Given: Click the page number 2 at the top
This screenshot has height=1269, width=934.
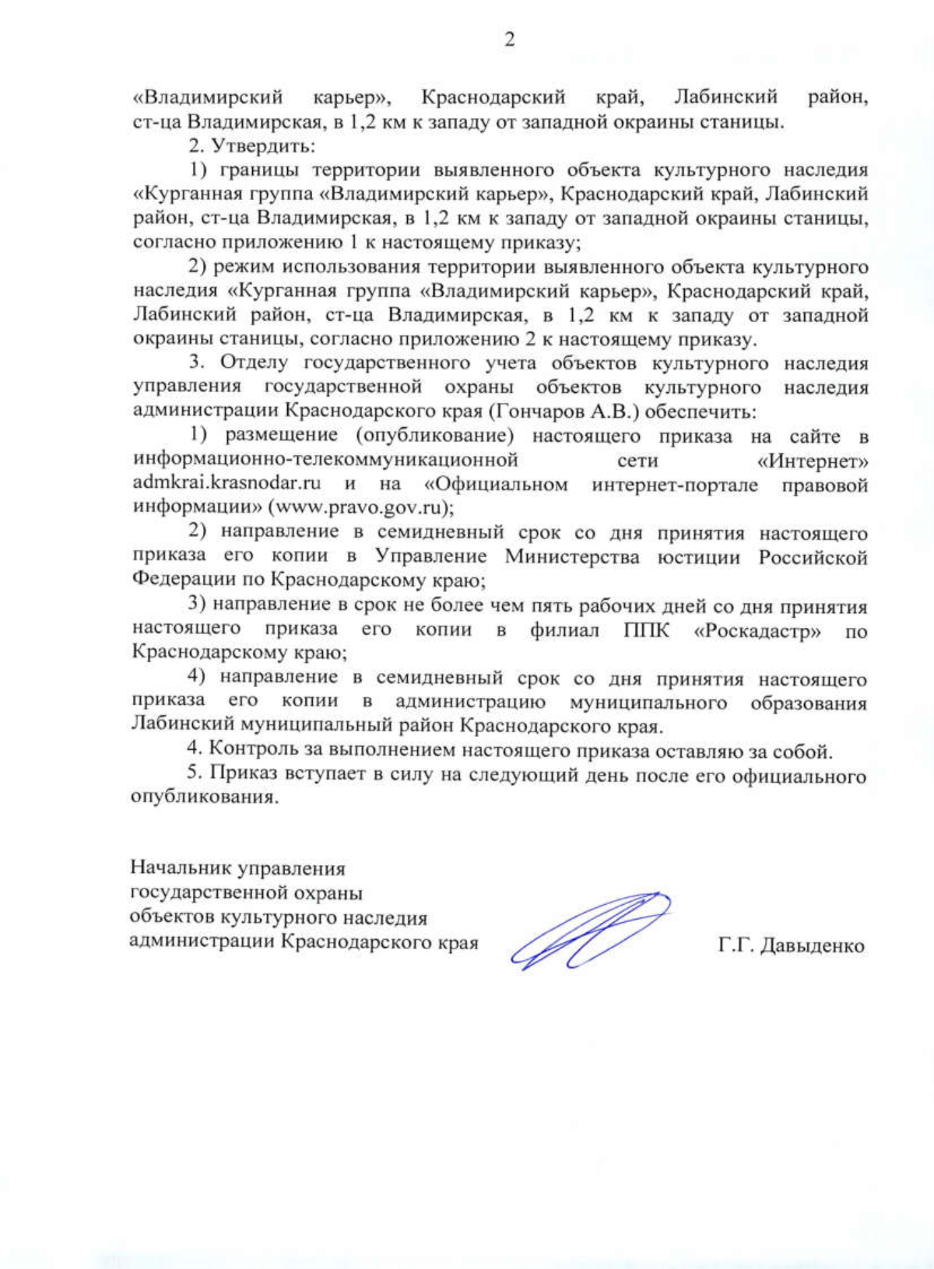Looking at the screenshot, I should (510, 40).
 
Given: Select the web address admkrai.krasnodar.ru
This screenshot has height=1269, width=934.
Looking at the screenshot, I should (226, 483).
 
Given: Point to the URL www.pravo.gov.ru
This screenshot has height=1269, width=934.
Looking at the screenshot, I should (360, 507).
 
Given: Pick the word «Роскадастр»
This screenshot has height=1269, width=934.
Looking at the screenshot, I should (757, 630).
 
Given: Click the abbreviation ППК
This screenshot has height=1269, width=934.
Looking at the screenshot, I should (646, 630).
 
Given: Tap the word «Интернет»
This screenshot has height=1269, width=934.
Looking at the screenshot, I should (813, 461).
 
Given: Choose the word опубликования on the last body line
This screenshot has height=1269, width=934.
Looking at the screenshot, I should (204, 798).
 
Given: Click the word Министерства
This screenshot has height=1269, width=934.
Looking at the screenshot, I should (572, 557).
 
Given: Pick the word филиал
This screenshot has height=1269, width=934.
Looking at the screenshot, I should (564, 630).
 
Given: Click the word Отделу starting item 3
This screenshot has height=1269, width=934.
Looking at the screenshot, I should (254, 363).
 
